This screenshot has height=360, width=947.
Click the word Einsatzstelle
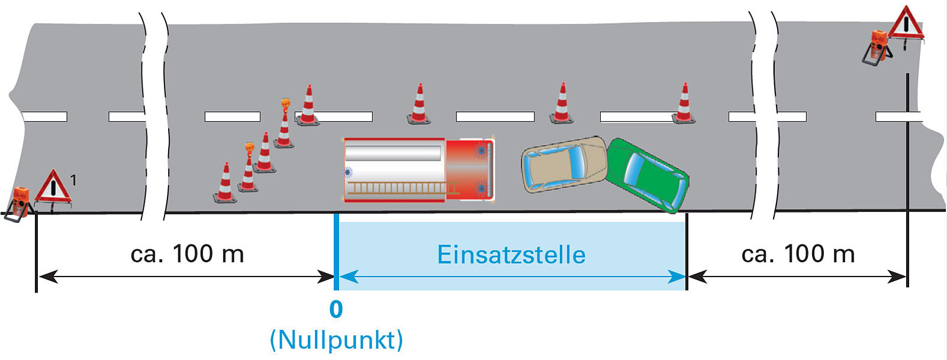pyautogui.click(x=511, y=255)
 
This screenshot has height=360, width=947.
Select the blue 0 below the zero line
pyautogui.click(x=336, y=310)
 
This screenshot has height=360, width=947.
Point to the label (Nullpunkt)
pyautogui.click(x=336, y=340)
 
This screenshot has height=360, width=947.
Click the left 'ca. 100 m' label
pyautogui.click(x=187, y=254)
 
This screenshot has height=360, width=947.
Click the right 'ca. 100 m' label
pyautogui.click(x=798, y=254)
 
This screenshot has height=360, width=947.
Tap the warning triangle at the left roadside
pyautogui.click(x=53, y=188)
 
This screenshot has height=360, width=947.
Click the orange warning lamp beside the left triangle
pyautogui.click(x=20, y=201)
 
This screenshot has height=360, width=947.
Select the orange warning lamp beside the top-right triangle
pyautogui.click(x=878, y=45)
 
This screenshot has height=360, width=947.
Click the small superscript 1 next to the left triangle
pyautogui.click(x=73, y=179)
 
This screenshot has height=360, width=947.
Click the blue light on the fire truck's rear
pyautogui.click(x=347, y=172)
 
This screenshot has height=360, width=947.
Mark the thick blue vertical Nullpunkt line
pyautogui.click(x=336, y=252)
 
